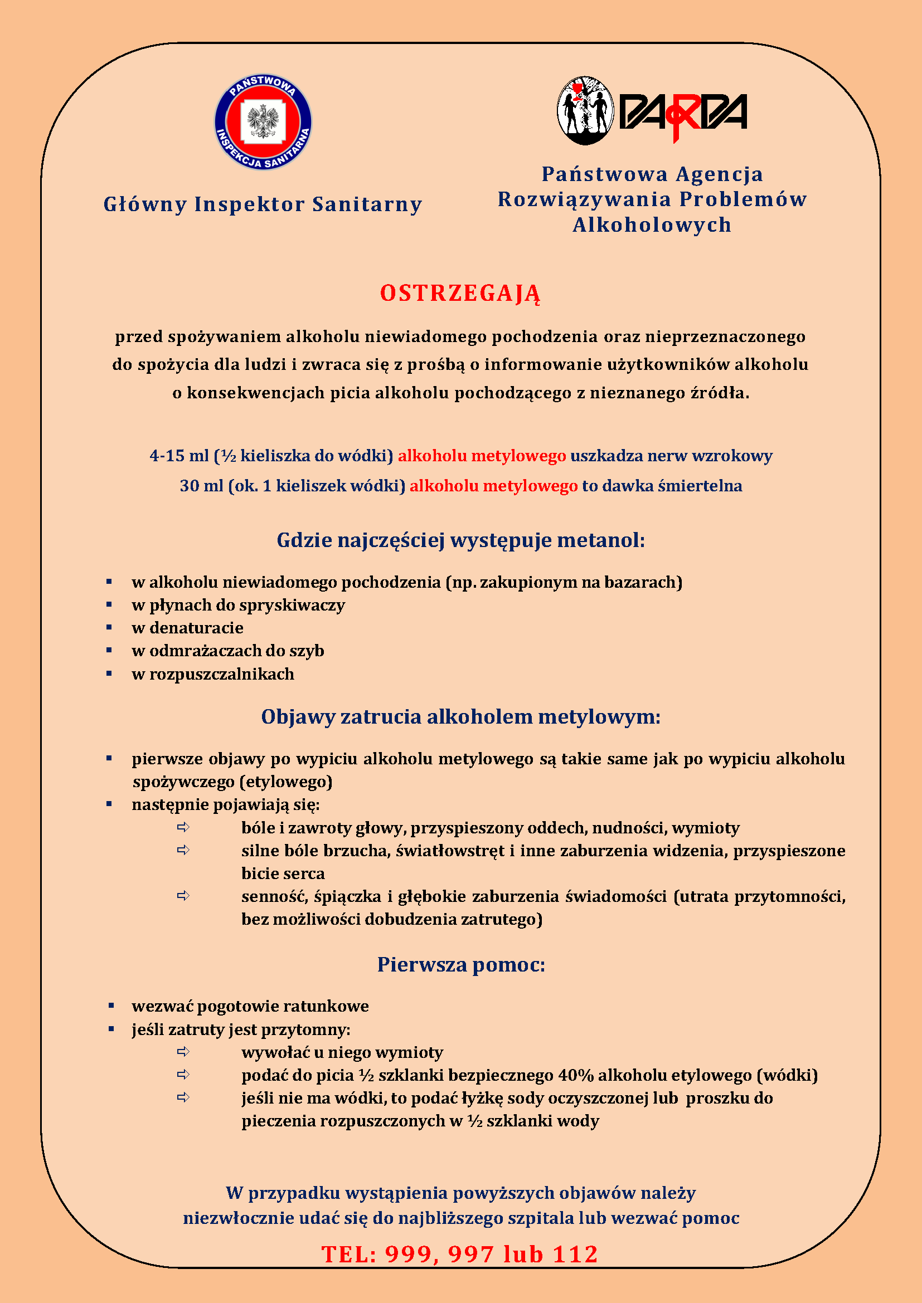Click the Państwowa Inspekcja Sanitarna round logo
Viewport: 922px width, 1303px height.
pyautogui.click(x=263, y=122)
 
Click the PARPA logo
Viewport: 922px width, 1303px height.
pyautogui.click(x=652, y=111)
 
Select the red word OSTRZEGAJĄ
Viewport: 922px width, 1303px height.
pyautogui.click(x=460, y=294)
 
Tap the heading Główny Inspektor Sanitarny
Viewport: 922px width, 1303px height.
pyautogui.click(x=263, y=204)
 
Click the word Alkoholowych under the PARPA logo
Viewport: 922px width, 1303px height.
pyautogui.click(x=652, y=225)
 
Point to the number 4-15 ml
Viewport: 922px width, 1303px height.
pyautogui.click(x=179, y=456)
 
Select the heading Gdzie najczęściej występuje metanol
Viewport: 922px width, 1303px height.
pyautogui.click(x=460, y=540)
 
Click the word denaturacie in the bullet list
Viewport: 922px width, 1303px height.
pyautogui.click(x=196, y=628)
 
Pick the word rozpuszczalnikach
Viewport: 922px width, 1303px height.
pyautogui.click(x=222, y=674)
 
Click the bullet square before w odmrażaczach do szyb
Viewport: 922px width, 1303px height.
pyautogui.click(x=109, y=650)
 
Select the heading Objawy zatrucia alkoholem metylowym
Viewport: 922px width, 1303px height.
pyautogui.click(x=460, y=717)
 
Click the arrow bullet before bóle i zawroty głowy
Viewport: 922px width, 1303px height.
pyautogui.click(x=183, y=827)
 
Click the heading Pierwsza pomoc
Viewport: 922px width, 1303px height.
pyautogui.click(x=461, y=964)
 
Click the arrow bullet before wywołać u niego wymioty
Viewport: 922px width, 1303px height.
pyautogui.click(x=183, y=1052)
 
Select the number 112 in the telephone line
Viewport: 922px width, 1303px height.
pyautogui.click(x=576, y=1254)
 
